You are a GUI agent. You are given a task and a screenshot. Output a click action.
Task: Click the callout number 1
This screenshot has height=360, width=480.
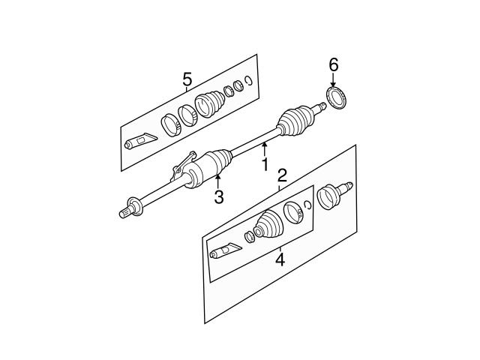[265, 164]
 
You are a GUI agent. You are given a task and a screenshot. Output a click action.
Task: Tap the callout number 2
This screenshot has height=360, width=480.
[282, 175]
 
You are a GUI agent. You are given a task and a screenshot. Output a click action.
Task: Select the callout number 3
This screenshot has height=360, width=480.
[219, 196]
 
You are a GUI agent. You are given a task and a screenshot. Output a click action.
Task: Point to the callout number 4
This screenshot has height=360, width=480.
[280, 260]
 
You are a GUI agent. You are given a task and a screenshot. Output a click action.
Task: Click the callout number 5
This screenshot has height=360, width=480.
[187, 79]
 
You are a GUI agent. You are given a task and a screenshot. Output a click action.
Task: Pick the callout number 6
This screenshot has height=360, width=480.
[333, 65]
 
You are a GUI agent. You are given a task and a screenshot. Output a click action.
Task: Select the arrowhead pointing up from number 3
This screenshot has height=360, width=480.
[217, 177]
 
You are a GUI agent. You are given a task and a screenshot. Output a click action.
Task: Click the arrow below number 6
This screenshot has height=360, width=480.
[333, 79]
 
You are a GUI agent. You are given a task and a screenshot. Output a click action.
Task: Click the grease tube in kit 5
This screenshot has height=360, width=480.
[140, 141]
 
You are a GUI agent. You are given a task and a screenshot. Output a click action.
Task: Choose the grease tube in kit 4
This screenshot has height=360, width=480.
[226, 250]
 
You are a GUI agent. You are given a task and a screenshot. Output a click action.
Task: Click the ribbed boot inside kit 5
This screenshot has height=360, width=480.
[210, 103]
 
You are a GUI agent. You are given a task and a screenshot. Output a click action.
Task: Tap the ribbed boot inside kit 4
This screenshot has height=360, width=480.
[269, 223]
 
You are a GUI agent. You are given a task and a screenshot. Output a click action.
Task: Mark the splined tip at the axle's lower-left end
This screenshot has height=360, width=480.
[125, 212]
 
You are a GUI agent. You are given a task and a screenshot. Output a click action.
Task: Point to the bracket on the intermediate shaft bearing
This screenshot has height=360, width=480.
[183, 166]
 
